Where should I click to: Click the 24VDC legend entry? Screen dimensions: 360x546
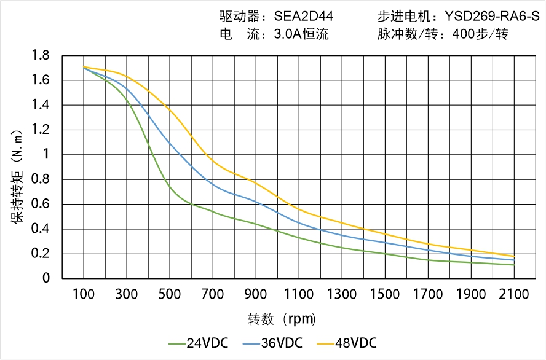pos(198,343)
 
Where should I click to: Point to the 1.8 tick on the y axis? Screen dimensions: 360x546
pos(41,56)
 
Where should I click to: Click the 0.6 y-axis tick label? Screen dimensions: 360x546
pos(41,205)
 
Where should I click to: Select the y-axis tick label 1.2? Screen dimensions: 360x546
pos(41,130)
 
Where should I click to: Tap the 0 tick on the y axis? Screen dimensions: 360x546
pos(46,279)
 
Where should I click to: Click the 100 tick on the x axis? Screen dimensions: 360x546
pos(84,295)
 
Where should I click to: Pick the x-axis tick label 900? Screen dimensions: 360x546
pos(256,295)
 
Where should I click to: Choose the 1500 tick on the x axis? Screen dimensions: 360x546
pos(385,295)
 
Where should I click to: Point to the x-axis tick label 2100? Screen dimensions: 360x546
pos(514,295)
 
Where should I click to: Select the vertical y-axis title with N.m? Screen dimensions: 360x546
pos(18,174)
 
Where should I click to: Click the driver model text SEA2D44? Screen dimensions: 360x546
pos(304,17)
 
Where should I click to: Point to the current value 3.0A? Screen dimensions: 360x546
pos(287,34)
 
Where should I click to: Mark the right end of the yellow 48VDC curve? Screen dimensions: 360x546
pos(514,256)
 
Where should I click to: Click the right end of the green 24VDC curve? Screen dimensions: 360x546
pos(514,265)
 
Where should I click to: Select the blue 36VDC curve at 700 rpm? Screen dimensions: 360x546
pos(213,183)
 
